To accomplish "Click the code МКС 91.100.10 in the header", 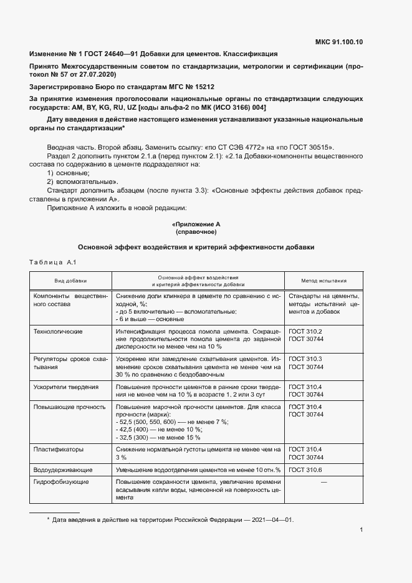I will (340, 42).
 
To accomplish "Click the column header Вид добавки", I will (70, 281).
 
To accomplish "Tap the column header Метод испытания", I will (324, 281).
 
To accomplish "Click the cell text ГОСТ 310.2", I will (305, 331).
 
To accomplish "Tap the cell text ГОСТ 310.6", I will (305, 469).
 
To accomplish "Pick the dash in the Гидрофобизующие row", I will (323, 482).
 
